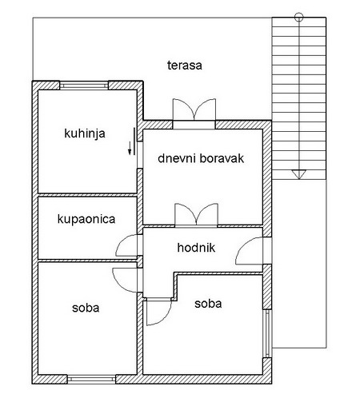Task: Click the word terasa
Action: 185,66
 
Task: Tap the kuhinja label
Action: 85,133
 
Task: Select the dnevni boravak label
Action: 201,158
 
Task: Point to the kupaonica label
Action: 86,219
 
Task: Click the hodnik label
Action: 196,248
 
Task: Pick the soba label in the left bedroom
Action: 86,308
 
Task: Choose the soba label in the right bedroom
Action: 208,304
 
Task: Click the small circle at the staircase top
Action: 299,18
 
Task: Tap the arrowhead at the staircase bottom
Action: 299,174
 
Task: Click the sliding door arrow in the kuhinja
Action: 130,148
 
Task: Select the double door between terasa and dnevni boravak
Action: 194,109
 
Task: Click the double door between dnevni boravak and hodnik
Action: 196,214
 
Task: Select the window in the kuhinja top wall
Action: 84,86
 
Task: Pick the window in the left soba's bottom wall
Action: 91,379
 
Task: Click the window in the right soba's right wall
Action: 267,334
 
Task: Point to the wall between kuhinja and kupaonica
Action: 87,195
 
